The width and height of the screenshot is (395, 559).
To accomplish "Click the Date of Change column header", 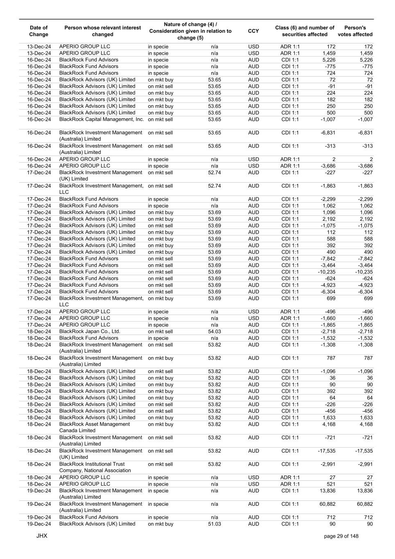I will point(39,31).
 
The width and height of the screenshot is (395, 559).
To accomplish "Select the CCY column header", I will point(253,31).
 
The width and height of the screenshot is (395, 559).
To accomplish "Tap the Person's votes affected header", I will point(355,31).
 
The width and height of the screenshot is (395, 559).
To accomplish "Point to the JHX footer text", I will point(42,536).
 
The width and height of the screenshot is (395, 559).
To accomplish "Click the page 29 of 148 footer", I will point(341,536).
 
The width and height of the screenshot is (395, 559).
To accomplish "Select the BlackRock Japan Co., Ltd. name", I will point(90,331).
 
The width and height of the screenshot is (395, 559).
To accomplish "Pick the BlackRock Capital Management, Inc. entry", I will point(102,119).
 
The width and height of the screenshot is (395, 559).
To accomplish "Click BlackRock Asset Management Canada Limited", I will point(95,427).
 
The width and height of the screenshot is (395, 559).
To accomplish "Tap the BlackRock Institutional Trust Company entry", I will point(95,467).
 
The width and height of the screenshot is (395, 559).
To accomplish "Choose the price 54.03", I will point(214,331).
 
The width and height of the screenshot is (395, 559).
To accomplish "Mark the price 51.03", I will point(214,524).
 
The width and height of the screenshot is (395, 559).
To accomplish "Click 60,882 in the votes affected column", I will point(365,504).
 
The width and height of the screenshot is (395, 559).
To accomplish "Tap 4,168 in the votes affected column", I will point(366,424).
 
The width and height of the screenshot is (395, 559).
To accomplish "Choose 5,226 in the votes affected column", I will point(366,59).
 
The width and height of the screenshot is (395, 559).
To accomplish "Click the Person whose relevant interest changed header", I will point(103,31).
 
